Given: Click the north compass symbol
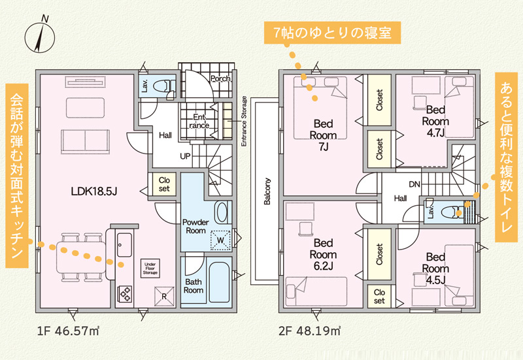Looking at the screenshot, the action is click(40, 36).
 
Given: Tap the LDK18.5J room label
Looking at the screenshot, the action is click(94, 191).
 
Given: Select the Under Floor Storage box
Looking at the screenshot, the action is click(150, 269).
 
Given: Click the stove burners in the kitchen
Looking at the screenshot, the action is click(125, 294).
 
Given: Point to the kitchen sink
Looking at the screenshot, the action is click(124, 244).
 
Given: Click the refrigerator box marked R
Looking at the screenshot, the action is click(164, 297).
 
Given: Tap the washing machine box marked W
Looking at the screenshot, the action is click(220, 240).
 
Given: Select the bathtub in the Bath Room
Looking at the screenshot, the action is click(220, 282).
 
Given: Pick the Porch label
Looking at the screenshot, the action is click(220, 79).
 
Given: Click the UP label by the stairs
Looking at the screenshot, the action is click(186, 156).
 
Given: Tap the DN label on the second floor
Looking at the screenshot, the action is click(414, 184).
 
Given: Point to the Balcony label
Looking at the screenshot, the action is click(267, 191).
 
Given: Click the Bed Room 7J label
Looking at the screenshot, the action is click(323, 135).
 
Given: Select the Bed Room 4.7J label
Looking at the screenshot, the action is click(435, 122).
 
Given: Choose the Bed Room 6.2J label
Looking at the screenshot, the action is click(323, 254).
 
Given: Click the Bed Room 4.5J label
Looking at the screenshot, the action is click(435, 269).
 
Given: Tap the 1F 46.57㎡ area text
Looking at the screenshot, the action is click(69, 331).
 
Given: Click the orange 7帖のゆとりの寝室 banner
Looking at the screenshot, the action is click(332, 33).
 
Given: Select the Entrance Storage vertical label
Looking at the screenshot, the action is click(244, 122).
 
